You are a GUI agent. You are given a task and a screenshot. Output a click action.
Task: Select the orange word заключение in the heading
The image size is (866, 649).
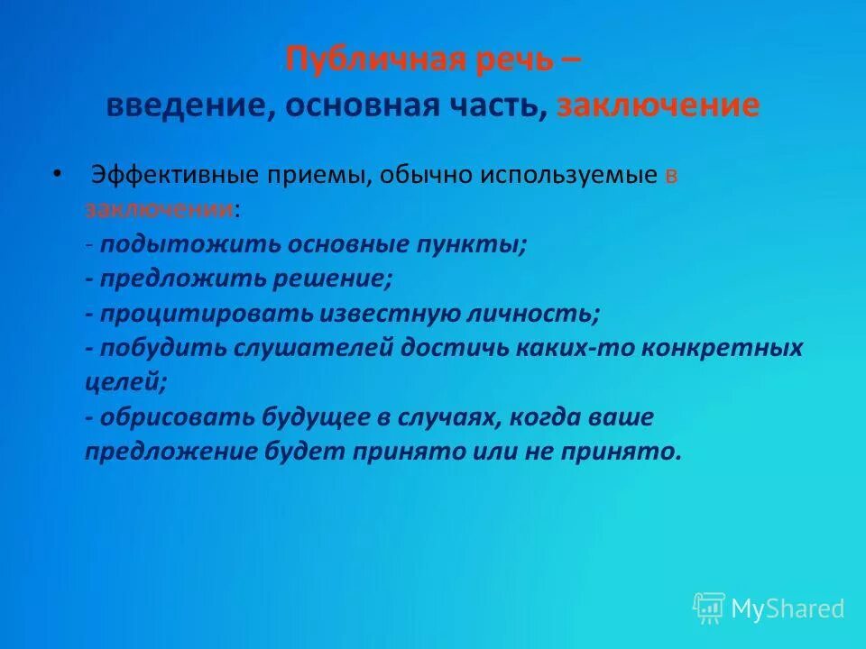tap(658, 105)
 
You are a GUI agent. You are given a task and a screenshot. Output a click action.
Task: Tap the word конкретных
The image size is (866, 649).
tap(731, 348)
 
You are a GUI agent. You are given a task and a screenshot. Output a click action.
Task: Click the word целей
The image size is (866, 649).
tap(125, 382)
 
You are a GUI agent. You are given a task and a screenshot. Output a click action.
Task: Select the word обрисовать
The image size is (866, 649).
tap(177, 417)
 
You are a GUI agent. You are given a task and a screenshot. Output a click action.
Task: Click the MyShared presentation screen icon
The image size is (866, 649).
tap(708, 608)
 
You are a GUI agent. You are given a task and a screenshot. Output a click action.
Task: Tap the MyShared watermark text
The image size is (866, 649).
tap(788, 609)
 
